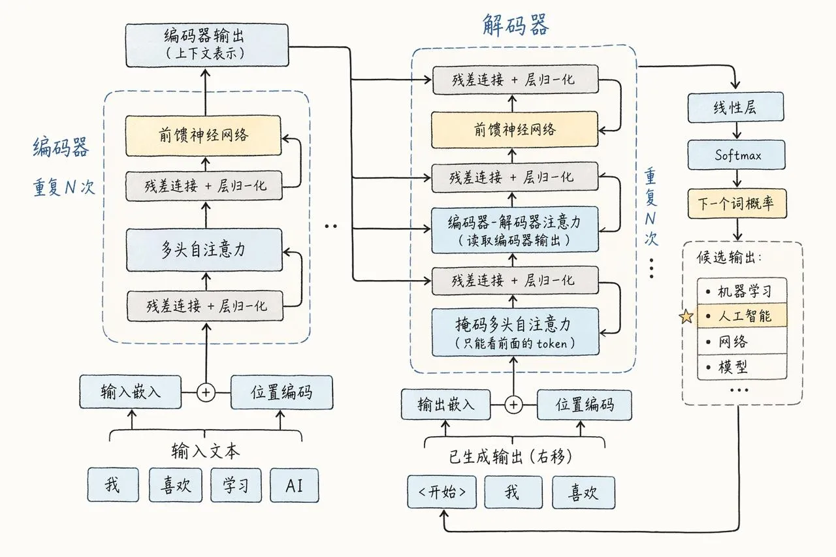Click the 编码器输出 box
[x=207, y=45]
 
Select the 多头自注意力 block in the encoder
[x=204, y=249]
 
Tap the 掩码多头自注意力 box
[x=515, y=332]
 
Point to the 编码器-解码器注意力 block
[x=515, y=230]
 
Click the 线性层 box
[x=735, y=107]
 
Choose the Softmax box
[x=735, y=155]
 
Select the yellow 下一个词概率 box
[x=736, y=204]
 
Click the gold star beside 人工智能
[x=686, y=317]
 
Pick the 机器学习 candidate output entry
[x=742, y=291]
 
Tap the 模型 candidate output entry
[x=742, y=367]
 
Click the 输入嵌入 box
[x=130, y=392]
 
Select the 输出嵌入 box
[x=446, y=405]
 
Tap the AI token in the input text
[x=294, y=485]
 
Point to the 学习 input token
[x=236, y=485]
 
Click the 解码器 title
[x=515, y=24]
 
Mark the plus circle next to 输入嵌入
[x=206, y=392]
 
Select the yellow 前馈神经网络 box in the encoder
[x=203, y=136]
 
